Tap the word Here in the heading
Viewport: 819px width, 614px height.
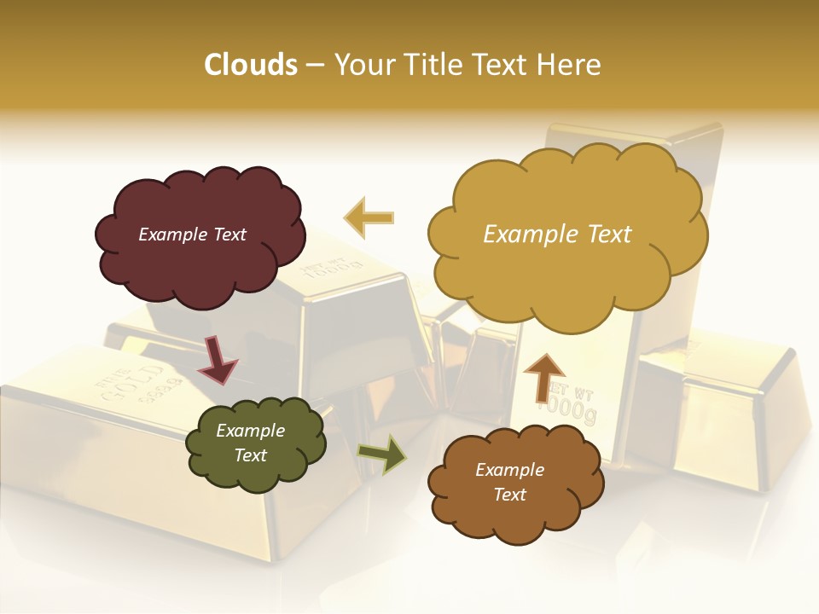point(571,65)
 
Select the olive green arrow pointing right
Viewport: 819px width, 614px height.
point(381,455)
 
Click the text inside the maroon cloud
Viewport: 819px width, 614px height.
point(192,235)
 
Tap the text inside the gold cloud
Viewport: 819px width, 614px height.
point(557,235)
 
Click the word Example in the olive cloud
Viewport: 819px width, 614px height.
point(250,431)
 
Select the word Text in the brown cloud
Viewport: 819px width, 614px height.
point(509,495)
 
